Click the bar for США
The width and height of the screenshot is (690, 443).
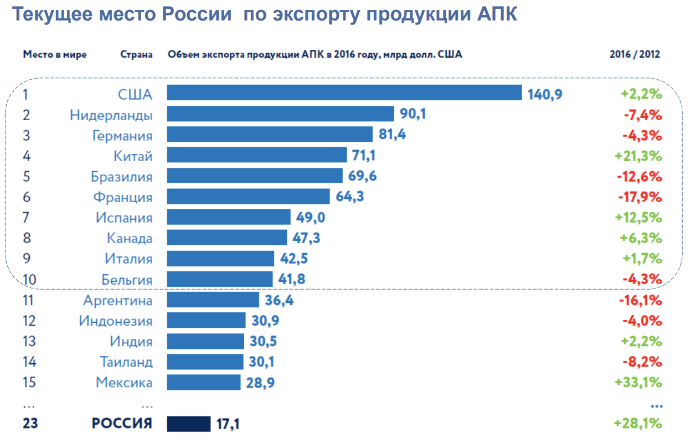pos(344,93)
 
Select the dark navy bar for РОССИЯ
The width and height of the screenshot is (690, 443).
pos(189,424)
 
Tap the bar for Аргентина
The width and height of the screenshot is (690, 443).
pos(213,300)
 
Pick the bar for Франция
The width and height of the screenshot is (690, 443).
pos(248,197)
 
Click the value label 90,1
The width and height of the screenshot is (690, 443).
pos(413,114)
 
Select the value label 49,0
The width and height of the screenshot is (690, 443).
pos(310,217)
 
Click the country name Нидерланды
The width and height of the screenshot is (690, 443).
pos(111,115)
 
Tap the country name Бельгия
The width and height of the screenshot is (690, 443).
pos(126,280)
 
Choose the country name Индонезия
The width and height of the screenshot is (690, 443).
pos(115,321)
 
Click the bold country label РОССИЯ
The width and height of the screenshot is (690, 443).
pos(122,424)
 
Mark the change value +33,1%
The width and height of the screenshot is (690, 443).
pos(638,383)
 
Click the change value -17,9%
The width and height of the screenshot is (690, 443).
pos(640,197)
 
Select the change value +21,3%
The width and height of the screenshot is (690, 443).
pos(638,156)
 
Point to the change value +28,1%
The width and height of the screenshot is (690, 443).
pos(638,424)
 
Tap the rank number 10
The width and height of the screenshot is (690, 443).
pos(29,280)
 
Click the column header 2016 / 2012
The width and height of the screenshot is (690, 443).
pos(635,55)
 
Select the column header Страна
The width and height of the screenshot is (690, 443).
pos(136,55)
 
